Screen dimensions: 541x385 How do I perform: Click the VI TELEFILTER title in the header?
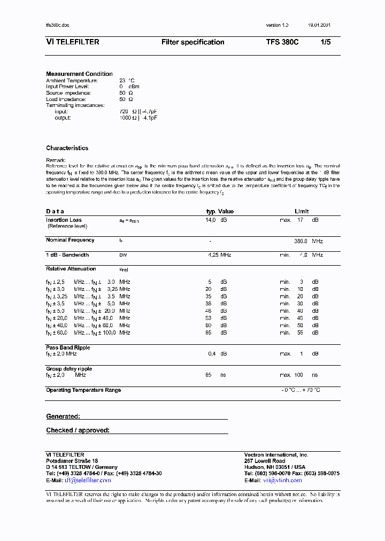coord(73,42)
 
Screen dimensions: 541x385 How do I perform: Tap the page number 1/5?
coord(325,42)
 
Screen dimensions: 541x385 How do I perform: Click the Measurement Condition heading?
coord(79,74)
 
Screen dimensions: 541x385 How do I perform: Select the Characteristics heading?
coord(67,148)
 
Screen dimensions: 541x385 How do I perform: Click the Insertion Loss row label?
coord(64,220)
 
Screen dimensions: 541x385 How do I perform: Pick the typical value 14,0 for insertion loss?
coord(211,220)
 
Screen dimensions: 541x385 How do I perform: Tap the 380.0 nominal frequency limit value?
coord(302,241)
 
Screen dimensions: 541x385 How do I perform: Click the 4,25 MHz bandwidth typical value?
coord(219,255)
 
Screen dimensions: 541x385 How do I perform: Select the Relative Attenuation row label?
coord(71,269)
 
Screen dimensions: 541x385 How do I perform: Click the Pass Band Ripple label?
coord(68,347)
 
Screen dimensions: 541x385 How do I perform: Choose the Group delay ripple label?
coord(69,369)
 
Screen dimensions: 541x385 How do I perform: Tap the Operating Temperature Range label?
coord(83,390)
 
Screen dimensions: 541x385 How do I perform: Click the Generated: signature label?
coord(63,416)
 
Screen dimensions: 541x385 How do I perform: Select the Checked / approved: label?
coord(78,430)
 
